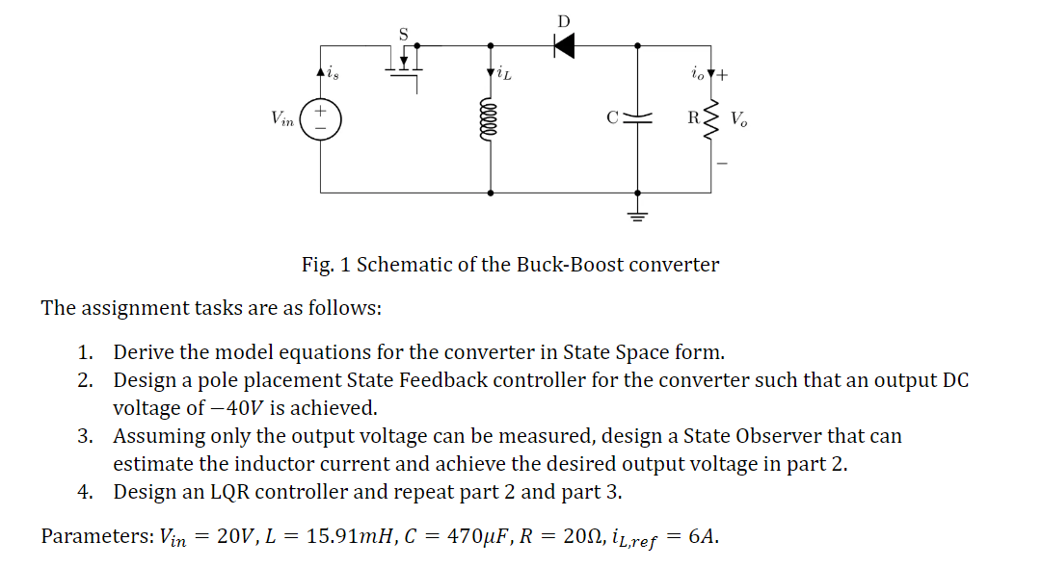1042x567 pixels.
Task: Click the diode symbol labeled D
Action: pyautogui.click(x=565, y=44)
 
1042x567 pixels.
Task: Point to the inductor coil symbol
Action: pyautogui.click(x=492, y=119)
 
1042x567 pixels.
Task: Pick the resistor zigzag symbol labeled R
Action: pyautogui.click(x=711, y=119)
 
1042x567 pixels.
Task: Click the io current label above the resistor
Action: pyautogui.click(x=696, y=73)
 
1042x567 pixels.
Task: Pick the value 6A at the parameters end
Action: pyautogui.click(x=704, y=536)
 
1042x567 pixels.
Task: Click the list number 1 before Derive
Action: pyautogui.click(x=86, y=351)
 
